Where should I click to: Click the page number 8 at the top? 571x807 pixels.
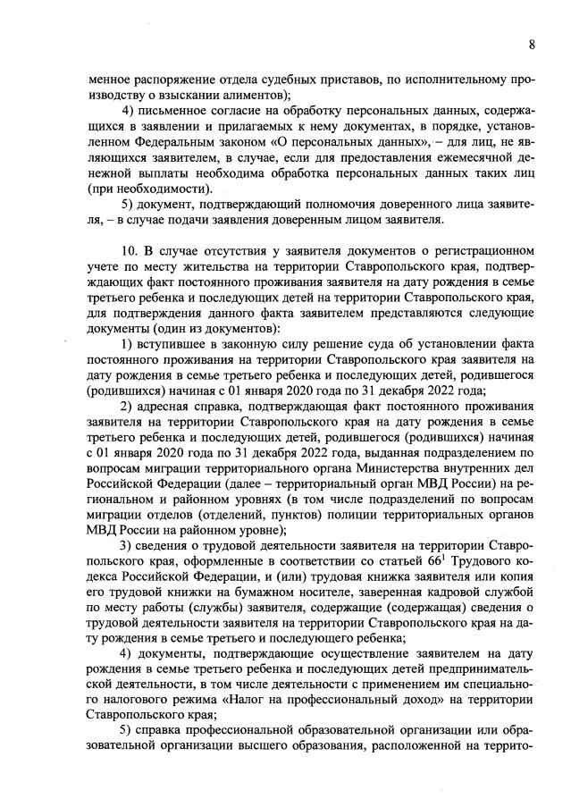tap(532, 45)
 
